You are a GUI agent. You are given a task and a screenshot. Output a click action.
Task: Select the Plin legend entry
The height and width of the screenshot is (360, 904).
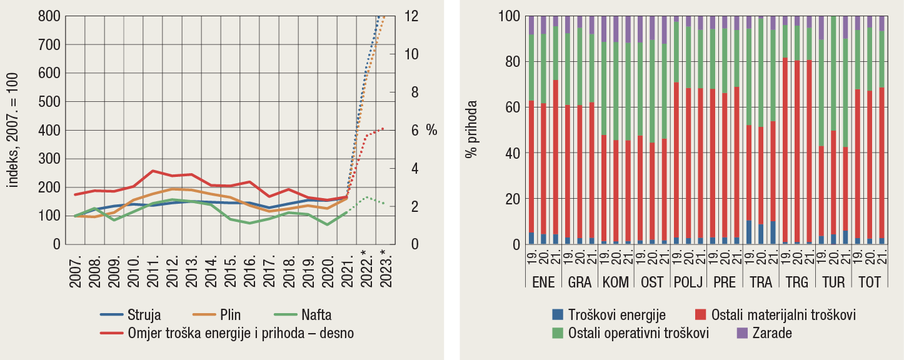[x=230, y=315]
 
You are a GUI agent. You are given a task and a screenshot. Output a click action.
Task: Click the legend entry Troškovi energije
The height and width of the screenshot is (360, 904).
[x=616, y=315]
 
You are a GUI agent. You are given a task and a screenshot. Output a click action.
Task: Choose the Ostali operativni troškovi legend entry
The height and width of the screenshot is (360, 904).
[x=638, y=333]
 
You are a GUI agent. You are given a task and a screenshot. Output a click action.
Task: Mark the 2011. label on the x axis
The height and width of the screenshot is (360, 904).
[x=153, y=271]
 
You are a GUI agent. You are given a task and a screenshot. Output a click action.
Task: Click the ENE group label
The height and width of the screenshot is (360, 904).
[x=543, y=282]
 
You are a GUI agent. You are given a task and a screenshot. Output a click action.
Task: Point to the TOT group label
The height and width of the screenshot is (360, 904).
[x=869, y=282]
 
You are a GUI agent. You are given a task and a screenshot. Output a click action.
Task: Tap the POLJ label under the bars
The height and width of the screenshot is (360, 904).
[x=688, y=282]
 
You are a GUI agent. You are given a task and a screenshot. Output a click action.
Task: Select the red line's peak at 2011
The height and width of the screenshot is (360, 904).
[x=153, y=171]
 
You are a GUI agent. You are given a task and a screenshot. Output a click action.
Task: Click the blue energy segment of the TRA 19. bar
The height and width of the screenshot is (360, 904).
[x=749, y=232]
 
